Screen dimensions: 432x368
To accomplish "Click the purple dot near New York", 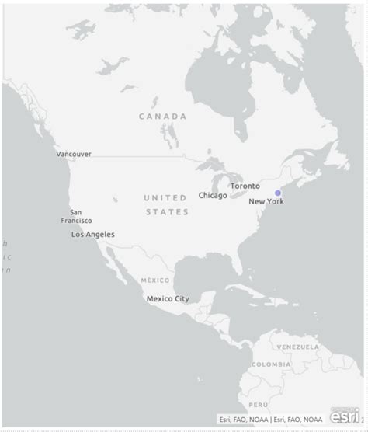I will [278, 193].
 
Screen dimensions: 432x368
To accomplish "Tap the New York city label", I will [266, 202].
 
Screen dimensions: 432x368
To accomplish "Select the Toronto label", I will [245, 186].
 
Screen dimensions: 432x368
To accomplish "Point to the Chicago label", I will [213, 196].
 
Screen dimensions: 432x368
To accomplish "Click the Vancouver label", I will [74, 154].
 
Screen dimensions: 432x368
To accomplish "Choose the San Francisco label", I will [77, 216].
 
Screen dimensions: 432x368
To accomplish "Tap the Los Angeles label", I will [93, 235].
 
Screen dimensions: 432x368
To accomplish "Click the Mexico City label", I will [168, 298].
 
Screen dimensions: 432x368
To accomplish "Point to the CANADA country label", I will [163, 117].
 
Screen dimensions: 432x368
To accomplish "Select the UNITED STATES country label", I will [165, 204].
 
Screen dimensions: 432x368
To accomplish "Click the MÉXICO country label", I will [154, 280].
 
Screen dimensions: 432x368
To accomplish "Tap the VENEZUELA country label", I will [298, 347].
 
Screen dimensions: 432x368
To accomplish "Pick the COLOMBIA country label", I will [271, 364].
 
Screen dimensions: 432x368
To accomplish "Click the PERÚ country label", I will [259, 405].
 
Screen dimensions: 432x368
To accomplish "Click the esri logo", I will [345, 416].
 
